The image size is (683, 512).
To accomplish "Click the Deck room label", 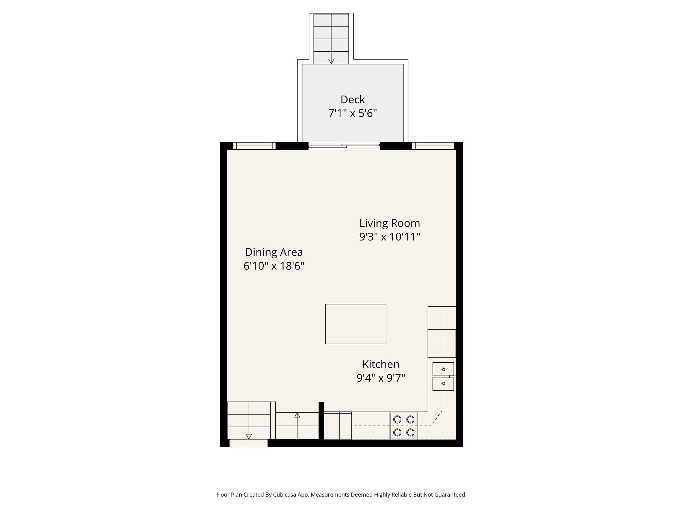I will tap(352, 100).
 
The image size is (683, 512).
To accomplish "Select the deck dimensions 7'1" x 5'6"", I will tap(352, 113).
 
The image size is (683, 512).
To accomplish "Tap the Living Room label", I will tap(389, 223).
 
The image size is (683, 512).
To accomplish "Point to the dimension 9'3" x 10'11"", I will tap(389, 237).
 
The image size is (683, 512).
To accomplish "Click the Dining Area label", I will tap(274, 252).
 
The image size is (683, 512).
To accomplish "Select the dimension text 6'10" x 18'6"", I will tap(274, 266).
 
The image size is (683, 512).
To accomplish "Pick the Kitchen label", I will tap(381, 364).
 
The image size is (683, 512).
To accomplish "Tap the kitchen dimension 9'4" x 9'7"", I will tap(381, 378).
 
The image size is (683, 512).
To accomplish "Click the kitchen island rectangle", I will tap(355, 324).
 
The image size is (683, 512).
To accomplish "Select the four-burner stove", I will tap(404, 426).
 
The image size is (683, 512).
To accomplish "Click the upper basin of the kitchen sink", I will tap(443, 369).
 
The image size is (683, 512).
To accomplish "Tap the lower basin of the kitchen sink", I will tap(443, 384).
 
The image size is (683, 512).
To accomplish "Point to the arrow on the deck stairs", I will tap(331, 61).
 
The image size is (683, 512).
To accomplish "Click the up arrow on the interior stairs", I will tap(297, 415).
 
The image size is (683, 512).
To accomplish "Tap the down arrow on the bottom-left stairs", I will tap(249, 436).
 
